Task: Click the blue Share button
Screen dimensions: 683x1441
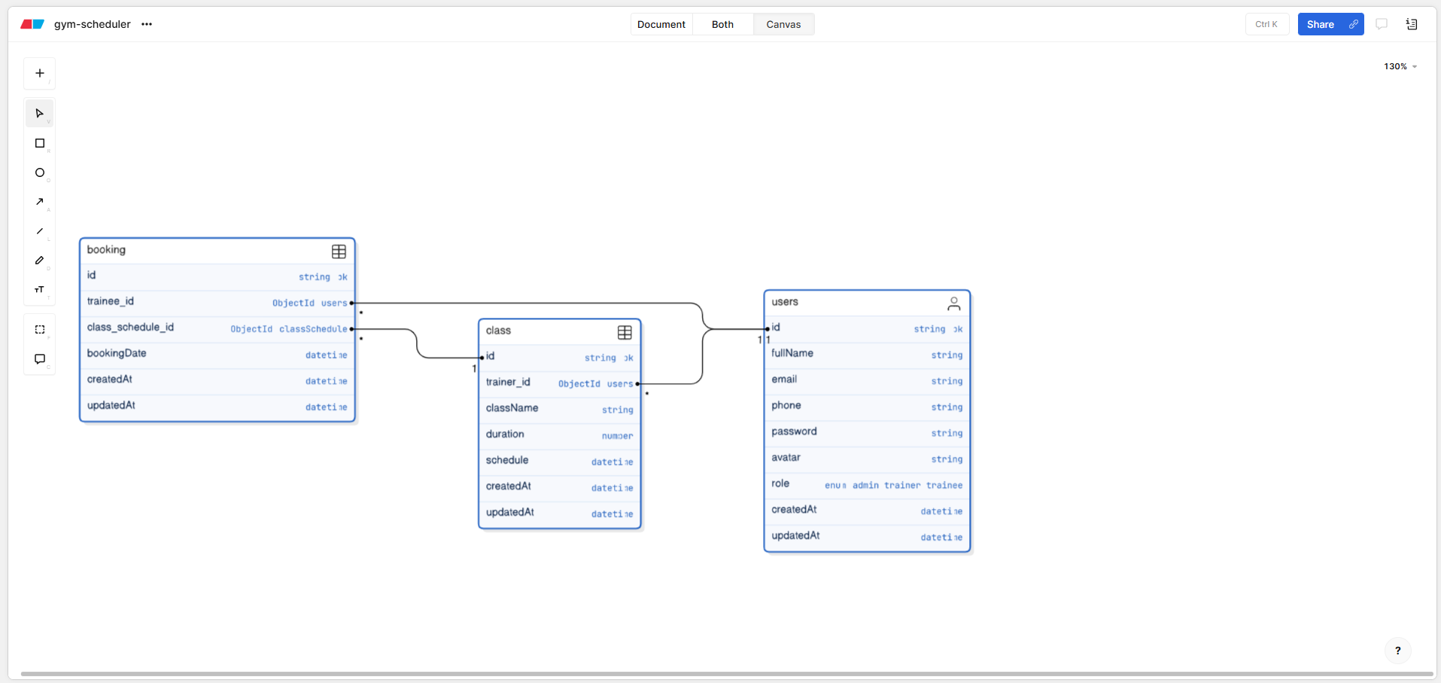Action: click(1320, 24)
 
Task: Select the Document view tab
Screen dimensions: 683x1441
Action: click(661, 24)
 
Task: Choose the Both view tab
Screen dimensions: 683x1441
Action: click(722, 24)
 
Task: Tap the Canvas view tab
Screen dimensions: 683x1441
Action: click(783, 24)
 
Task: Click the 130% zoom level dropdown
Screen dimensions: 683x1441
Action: click(1400, 66)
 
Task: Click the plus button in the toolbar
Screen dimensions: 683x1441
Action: click(40, 73)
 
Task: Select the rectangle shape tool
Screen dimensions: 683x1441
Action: click(40, 143)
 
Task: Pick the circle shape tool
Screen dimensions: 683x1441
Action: click(40, 172)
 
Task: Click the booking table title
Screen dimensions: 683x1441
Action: click(106, 250)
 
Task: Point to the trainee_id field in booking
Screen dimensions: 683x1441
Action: click(111, 301)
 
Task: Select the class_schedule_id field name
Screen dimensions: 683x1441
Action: click(130, 328)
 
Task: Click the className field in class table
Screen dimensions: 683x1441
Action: click(512, 408)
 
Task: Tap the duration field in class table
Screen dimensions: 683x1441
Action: click(505, 434)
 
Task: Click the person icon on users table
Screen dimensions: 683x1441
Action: click(953, 303)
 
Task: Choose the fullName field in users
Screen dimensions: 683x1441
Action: click(792, 353)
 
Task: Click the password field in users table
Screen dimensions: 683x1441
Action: click(794, 431)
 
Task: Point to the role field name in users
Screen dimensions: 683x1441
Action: click(780, 483)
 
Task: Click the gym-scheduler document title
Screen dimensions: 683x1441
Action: click(93, 24)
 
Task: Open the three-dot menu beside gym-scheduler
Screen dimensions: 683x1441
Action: click(147, 24)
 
